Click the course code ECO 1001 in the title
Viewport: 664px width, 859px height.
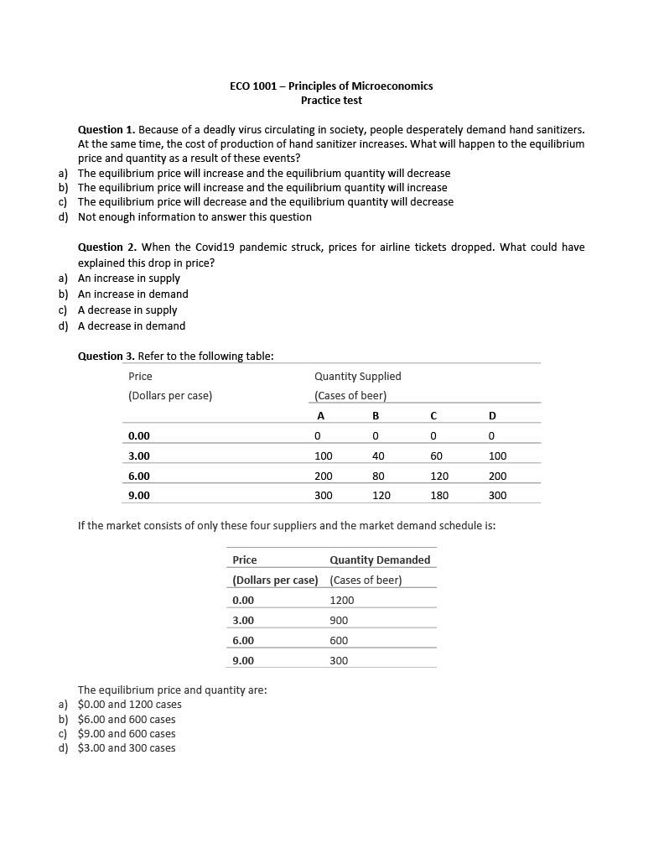[252, 86]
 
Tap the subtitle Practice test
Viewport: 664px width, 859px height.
[331, 100]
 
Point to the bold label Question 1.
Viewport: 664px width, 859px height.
[106, 129]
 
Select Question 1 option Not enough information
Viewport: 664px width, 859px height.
[195, 216]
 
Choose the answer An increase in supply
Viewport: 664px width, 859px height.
[128, 278]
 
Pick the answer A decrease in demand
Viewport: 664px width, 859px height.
[132, 325]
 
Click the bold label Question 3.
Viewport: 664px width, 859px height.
[106, 356]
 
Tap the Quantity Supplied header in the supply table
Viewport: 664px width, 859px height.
[357, 376]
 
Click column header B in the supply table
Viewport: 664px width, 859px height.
[376, 415]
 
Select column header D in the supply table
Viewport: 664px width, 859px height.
[492, 415]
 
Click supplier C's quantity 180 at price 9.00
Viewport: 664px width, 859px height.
[439, 495]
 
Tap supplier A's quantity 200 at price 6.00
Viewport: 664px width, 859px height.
[323, 476]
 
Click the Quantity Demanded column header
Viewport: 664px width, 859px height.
[380, 560]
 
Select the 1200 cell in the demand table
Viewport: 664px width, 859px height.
[342, 600]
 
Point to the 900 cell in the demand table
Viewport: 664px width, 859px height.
[339, 620]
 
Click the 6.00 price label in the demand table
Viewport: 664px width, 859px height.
[243, 640]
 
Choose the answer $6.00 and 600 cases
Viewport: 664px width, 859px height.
[127, 719]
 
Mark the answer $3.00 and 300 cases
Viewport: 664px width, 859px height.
[127, 747]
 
